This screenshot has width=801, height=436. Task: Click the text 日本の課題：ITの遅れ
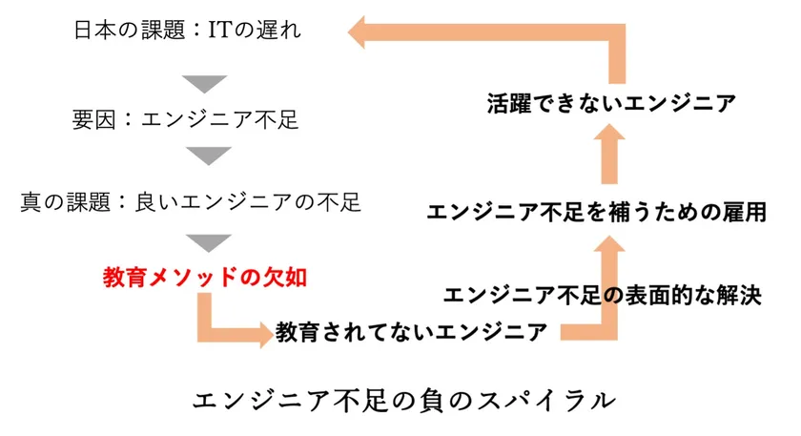[x=188, y=30]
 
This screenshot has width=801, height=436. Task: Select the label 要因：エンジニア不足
[x=185, y=120]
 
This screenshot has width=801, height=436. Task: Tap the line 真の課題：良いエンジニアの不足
[x=191, y=202]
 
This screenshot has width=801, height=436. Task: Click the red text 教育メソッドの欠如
[x=205, y=278]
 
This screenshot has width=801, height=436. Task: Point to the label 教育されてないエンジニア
[x=411, y=332]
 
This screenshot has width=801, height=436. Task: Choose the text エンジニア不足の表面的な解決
[x=603, y=296]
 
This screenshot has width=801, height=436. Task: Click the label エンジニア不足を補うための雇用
[x=597, y=212]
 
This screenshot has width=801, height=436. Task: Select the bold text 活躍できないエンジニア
[x=611, y=103]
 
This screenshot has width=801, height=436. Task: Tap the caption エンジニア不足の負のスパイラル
[x=404, y=400]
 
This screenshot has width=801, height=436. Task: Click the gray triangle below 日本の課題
[x=205, y=83]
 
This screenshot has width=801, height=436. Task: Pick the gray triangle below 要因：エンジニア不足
[x=209, y=155]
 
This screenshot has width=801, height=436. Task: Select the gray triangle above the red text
[x=209, y=242]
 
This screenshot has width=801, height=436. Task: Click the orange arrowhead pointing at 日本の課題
[x=357, y=31]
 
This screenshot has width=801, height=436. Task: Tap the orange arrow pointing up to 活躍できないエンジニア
[x=609, y=154]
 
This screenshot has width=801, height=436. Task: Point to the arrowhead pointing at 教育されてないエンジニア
[x=267, y=334]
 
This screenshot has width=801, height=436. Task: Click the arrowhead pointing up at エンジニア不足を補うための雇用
[x=609, y=243]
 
